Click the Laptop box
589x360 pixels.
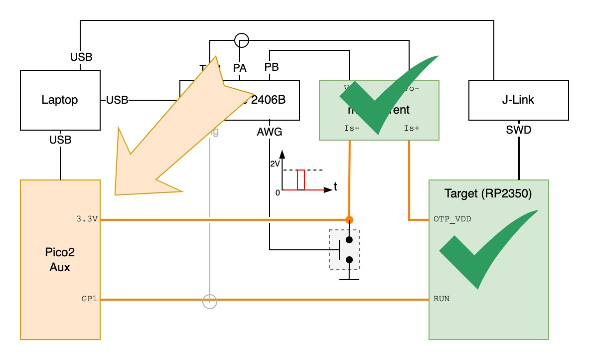click(60, 100)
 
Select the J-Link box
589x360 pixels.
click(519, 100)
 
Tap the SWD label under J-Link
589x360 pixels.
click(519, 131)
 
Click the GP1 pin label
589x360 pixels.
click(90, 299)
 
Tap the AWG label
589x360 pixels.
click(270, 132)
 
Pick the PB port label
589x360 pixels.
click(271, 67)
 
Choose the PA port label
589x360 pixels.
click(240, 67)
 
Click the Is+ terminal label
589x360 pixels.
click(412, 128)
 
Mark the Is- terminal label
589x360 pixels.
click(352, 128)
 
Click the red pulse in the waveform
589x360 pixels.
click(300, 180)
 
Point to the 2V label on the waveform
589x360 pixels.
click(275, 164)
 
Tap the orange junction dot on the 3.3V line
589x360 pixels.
click(350, 219)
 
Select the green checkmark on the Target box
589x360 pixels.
click(483, 247)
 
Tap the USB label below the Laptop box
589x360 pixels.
click(60, 140)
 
